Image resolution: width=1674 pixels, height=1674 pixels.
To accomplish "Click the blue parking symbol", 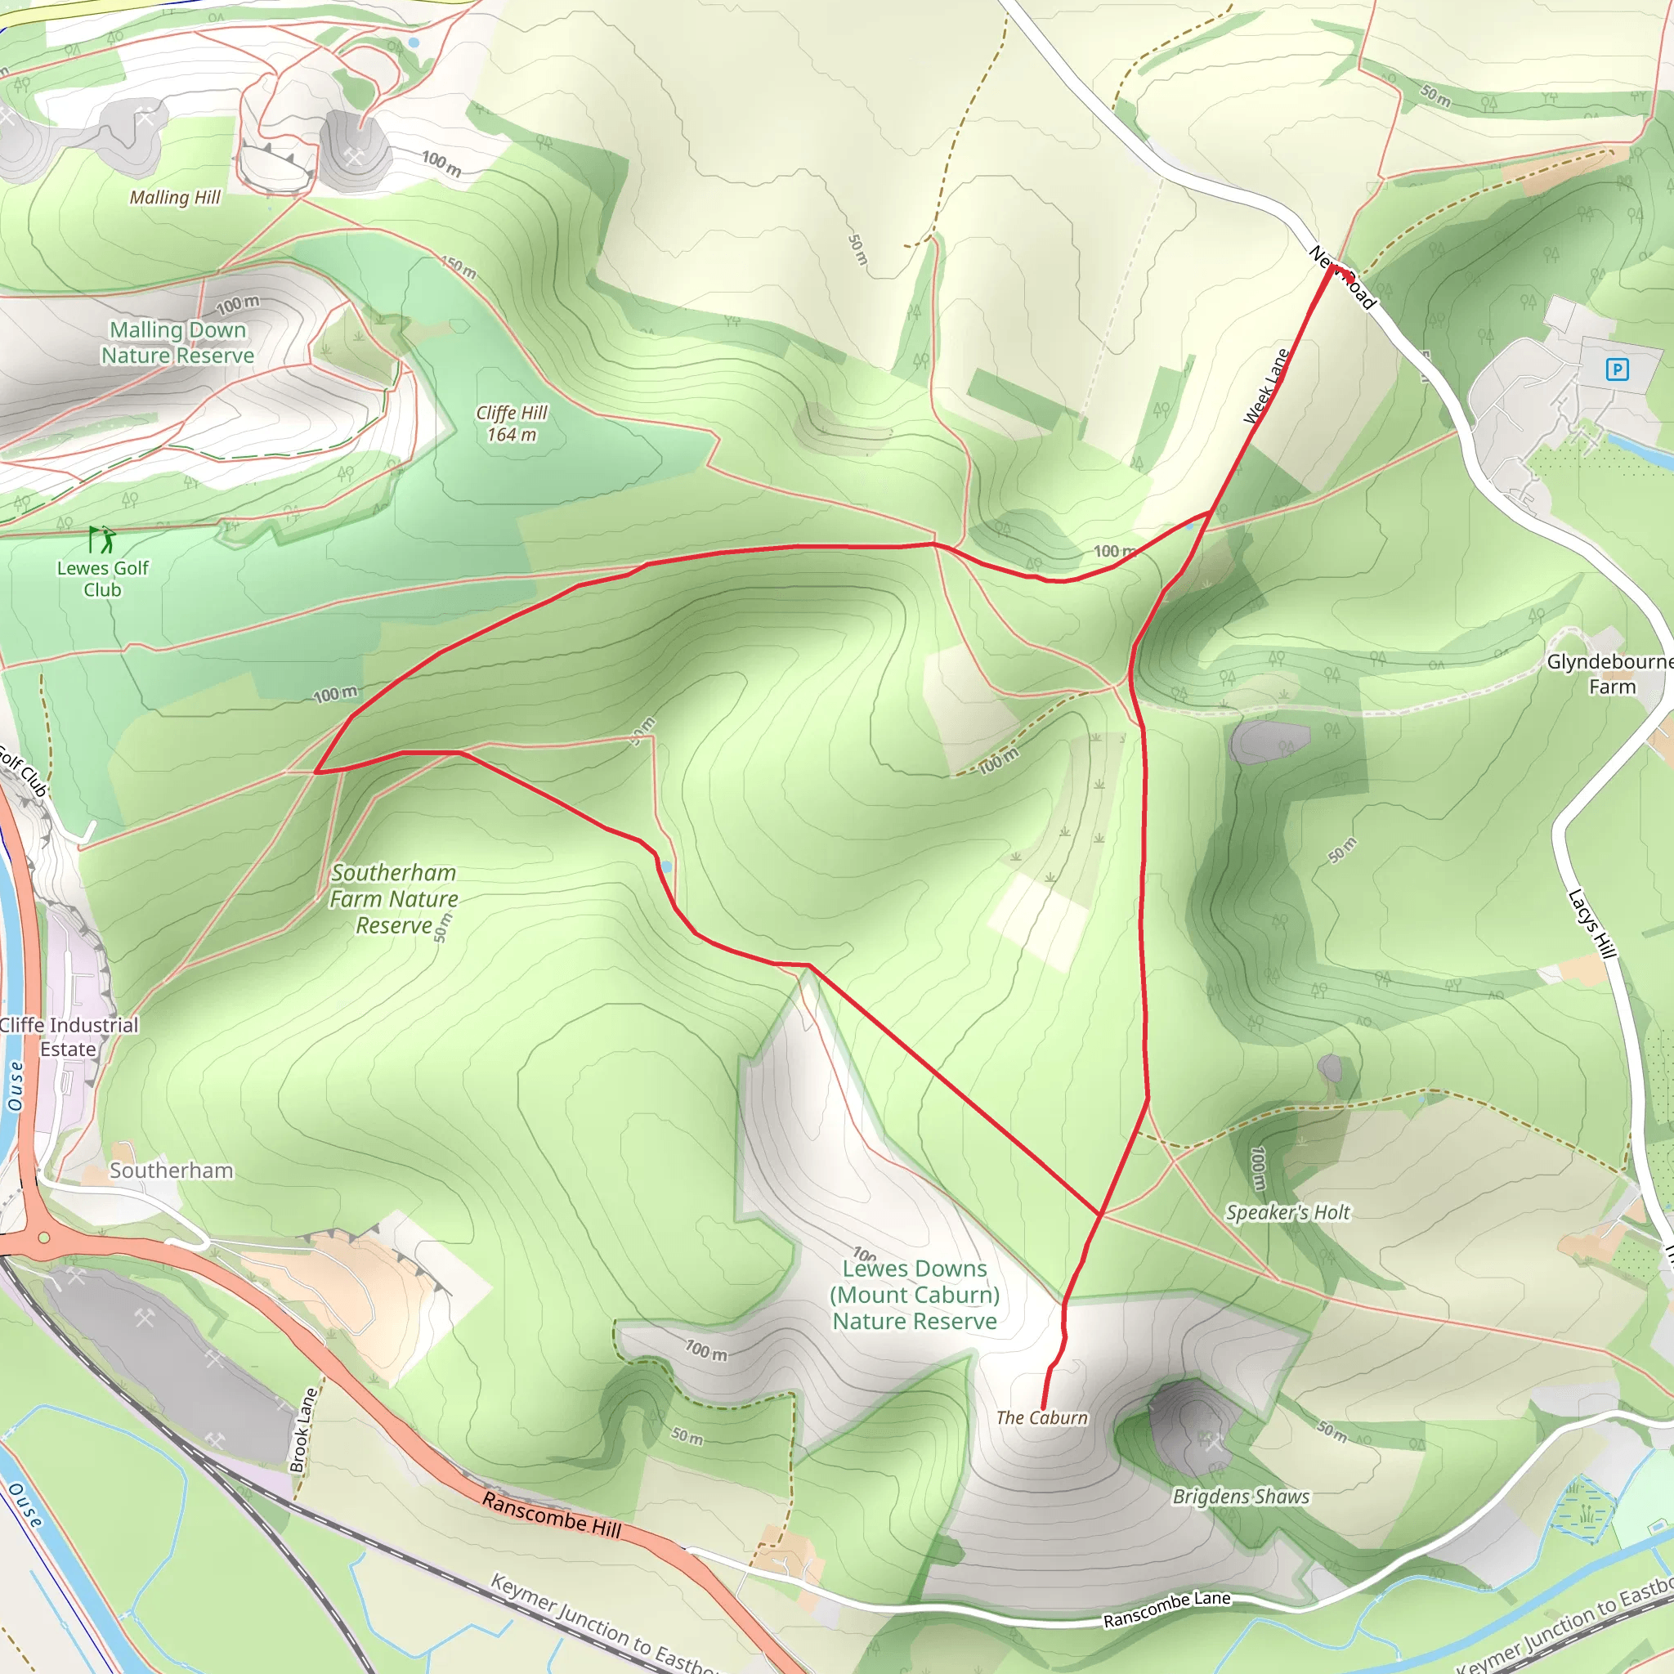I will (1617, 370).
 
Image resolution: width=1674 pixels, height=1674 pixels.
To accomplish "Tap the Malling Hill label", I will (175, 198).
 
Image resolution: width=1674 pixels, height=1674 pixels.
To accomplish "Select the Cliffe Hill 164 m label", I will (511, 423).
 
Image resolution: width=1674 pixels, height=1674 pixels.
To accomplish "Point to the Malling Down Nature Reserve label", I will (177, 342).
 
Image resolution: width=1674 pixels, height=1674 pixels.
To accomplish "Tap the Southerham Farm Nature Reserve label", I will (393, 898).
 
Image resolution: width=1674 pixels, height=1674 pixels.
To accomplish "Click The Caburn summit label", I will (1041, 1417).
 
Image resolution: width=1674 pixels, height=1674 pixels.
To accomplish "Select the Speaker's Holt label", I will (1287, 1212).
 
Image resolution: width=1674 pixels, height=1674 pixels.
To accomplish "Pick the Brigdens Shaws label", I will (1241, 1497).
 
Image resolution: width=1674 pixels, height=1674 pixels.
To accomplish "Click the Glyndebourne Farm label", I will (1610, 674).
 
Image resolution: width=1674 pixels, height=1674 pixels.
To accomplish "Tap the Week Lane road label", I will (1267, 387).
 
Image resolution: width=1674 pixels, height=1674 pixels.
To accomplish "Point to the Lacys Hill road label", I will (1592, 924).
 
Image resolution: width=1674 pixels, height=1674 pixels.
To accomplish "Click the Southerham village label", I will (171, 1170).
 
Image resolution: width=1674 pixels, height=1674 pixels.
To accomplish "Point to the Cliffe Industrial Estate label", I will (69, 1036).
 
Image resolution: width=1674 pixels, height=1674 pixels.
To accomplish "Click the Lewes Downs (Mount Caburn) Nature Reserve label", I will (914, 1295).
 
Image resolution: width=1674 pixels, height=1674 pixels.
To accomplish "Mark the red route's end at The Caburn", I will (1042, 1408).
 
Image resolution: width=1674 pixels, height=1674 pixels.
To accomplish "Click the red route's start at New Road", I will (1332, 266).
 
